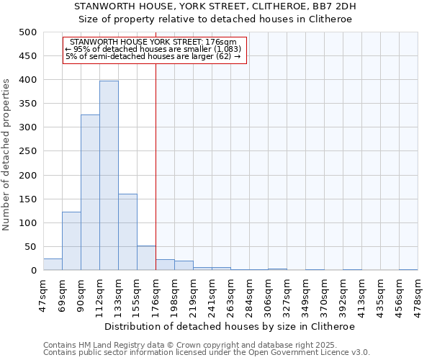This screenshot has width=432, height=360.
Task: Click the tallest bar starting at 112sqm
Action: coord(109,176)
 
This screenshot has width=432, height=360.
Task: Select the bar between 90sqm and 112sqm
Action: coord(90,192)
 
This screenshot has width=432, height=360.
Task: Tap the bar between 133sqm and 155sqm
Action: coord(127,232)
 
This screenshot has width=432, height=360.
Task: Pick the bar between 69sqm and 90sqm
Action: coord(71,241)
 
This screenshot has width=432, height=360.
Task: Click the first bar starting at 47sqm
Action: coord(53,264)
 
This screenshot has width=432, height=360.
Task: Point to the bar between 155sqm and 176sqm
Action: coord(146,258)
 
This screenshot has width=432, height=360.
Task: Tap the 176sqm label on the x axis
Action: coord(156,293)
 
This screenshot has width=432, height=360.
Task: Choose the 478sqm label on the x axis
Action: coord(418,293)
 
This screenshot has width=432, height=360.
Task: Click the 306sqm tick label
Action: coord(268,293)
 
